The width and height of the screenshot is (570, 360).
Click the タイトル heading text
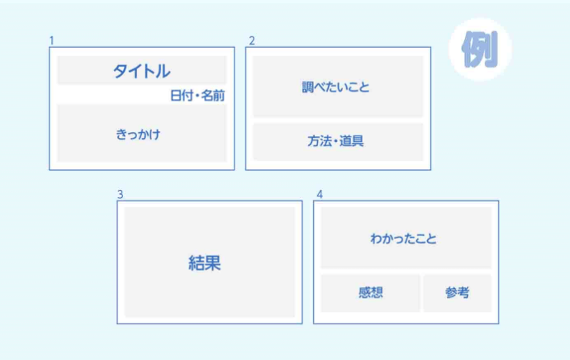141,71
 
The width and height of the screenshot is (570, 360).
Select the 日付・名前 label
197,96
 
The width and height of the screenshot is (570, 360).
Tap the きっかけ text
138,134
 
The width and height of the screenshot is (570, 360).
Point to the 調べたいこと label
336,87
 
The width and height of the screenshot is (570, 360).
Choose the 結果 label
205,263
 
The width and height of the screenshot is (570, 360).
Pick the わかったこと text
404,239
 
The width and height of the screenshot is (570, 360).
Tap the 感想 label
371,292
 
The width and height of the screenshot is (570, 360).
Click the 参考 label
457,292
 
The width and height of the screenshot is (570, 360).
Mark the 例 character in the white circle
479,49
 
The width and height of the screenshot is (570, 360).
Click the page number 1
51,40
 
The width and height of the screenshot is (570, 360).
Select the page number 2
252,40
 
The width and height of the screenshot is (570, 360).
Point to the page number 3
120,195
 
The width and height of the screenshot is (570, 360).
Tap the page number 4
320,195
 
